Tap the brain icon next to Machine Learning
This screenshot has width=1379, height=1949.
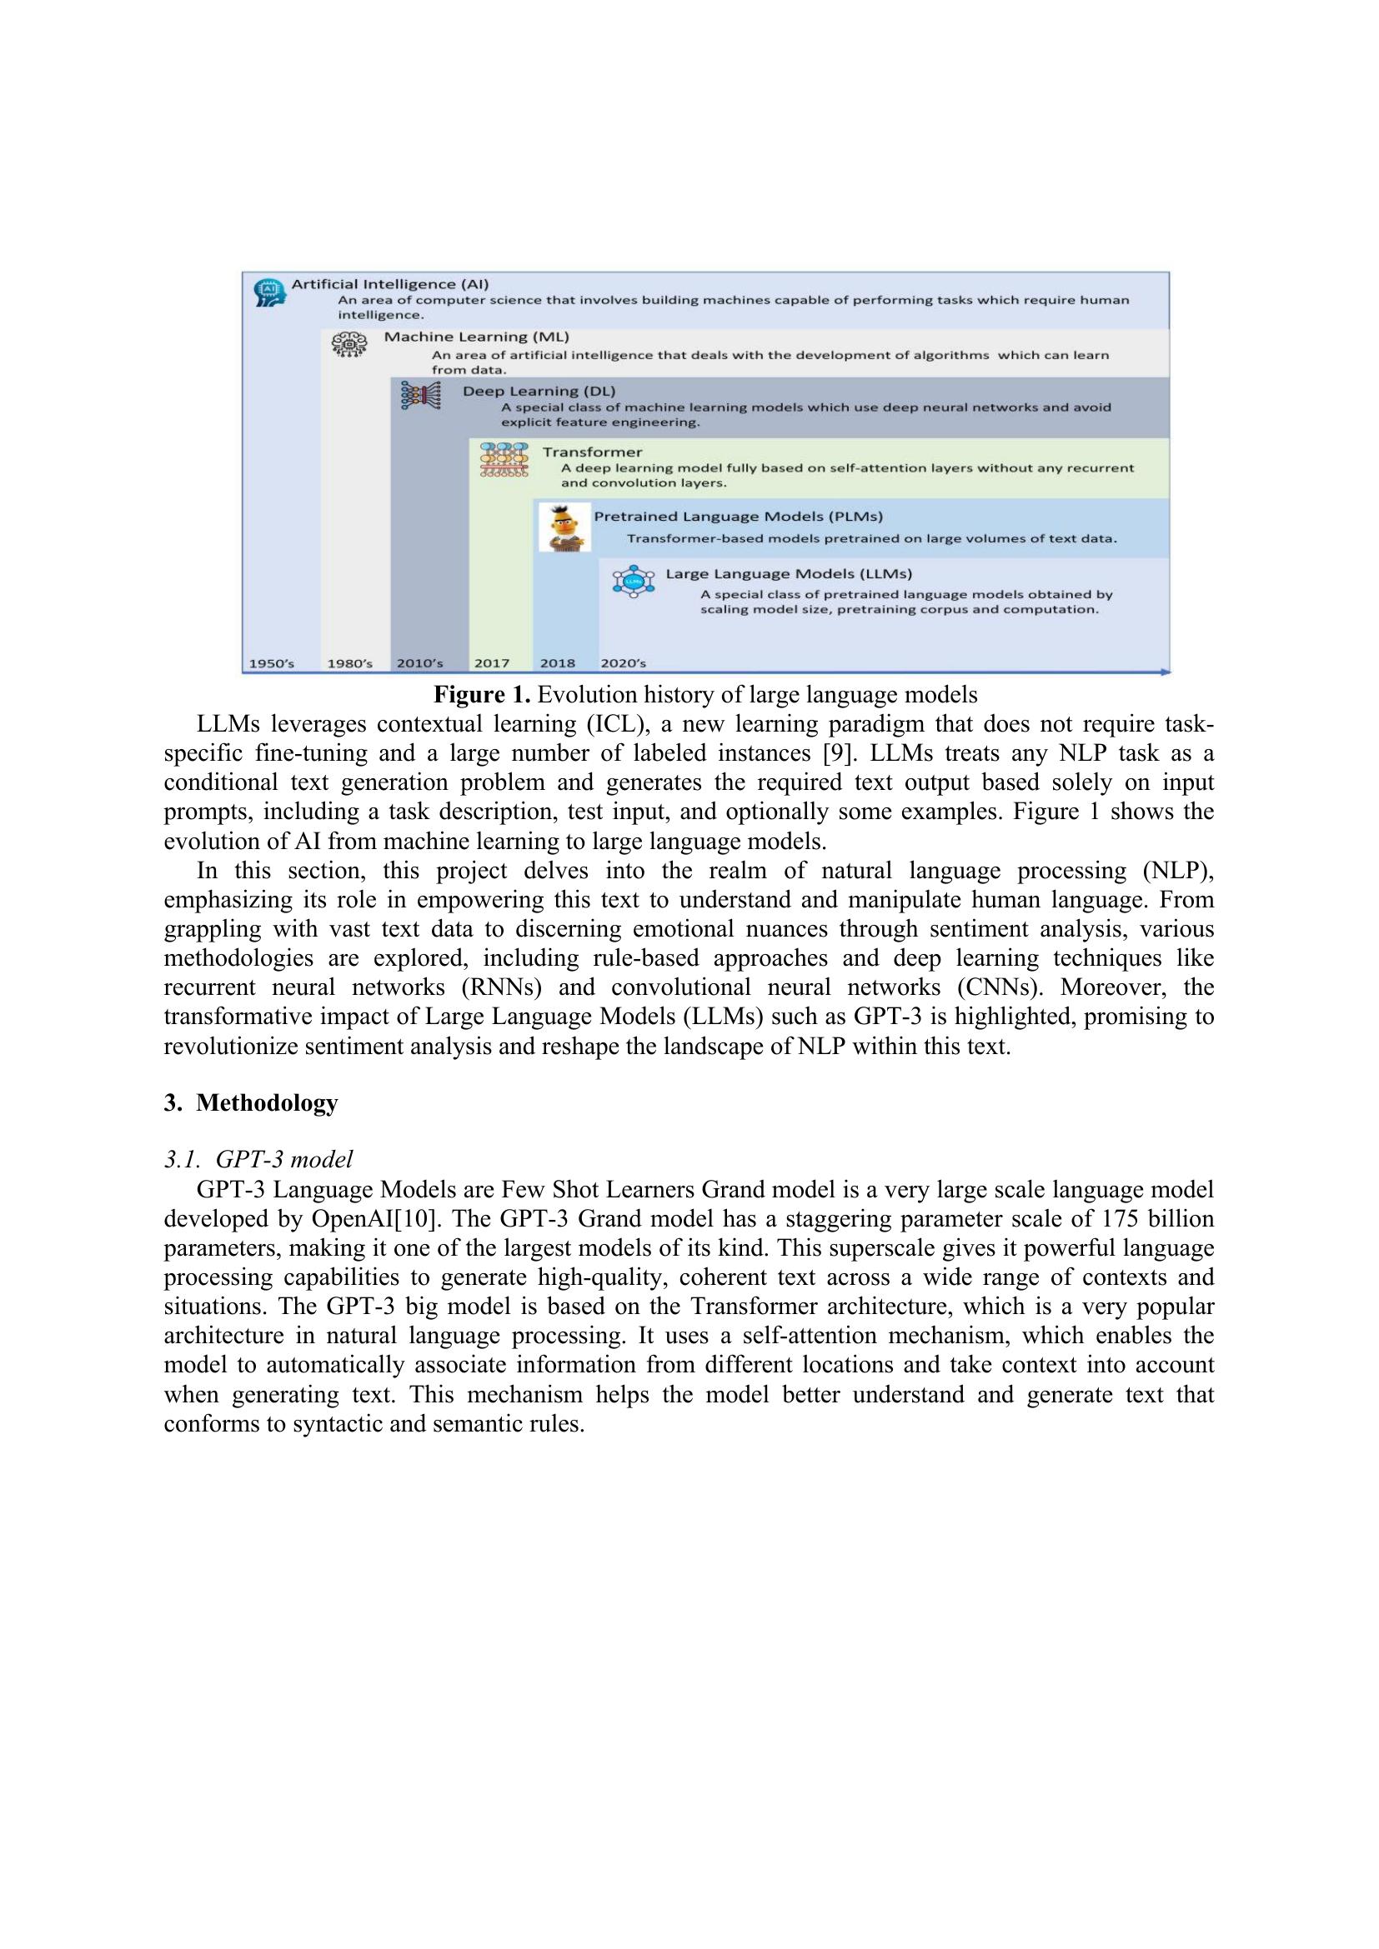[349, 346]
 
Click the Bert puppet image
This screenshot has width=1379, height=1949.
[564, 528]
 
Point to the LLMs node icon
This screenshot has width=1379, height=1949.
[634, 582]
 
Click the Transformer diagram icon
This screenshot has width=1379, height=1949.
[504, 459]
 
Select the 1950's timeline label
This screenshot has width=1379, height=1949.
[271, 663]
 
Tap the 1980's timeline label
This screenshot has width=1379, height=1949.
[350, 663]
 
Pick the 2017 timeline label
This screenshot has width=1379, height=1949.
[492, 663]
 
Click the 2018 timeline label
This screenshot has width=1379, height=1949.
[558, 663]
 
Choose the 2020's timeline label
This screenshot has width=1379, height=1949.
[624, 663]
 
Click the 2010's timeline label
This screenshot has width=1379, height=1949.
[419, 663]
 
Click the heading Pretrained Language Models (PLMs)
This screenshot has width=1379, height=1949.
[738, 516]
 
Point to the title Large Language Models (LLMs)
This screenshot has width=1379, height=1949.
[788, 574]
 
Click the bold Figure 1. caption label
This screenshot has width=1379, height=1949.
[482, 695]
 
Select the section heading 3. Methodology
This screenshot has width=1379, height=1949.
[250, 1102]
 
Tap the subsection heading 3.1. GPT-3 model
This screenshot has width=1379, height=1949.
[258, 1160]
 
